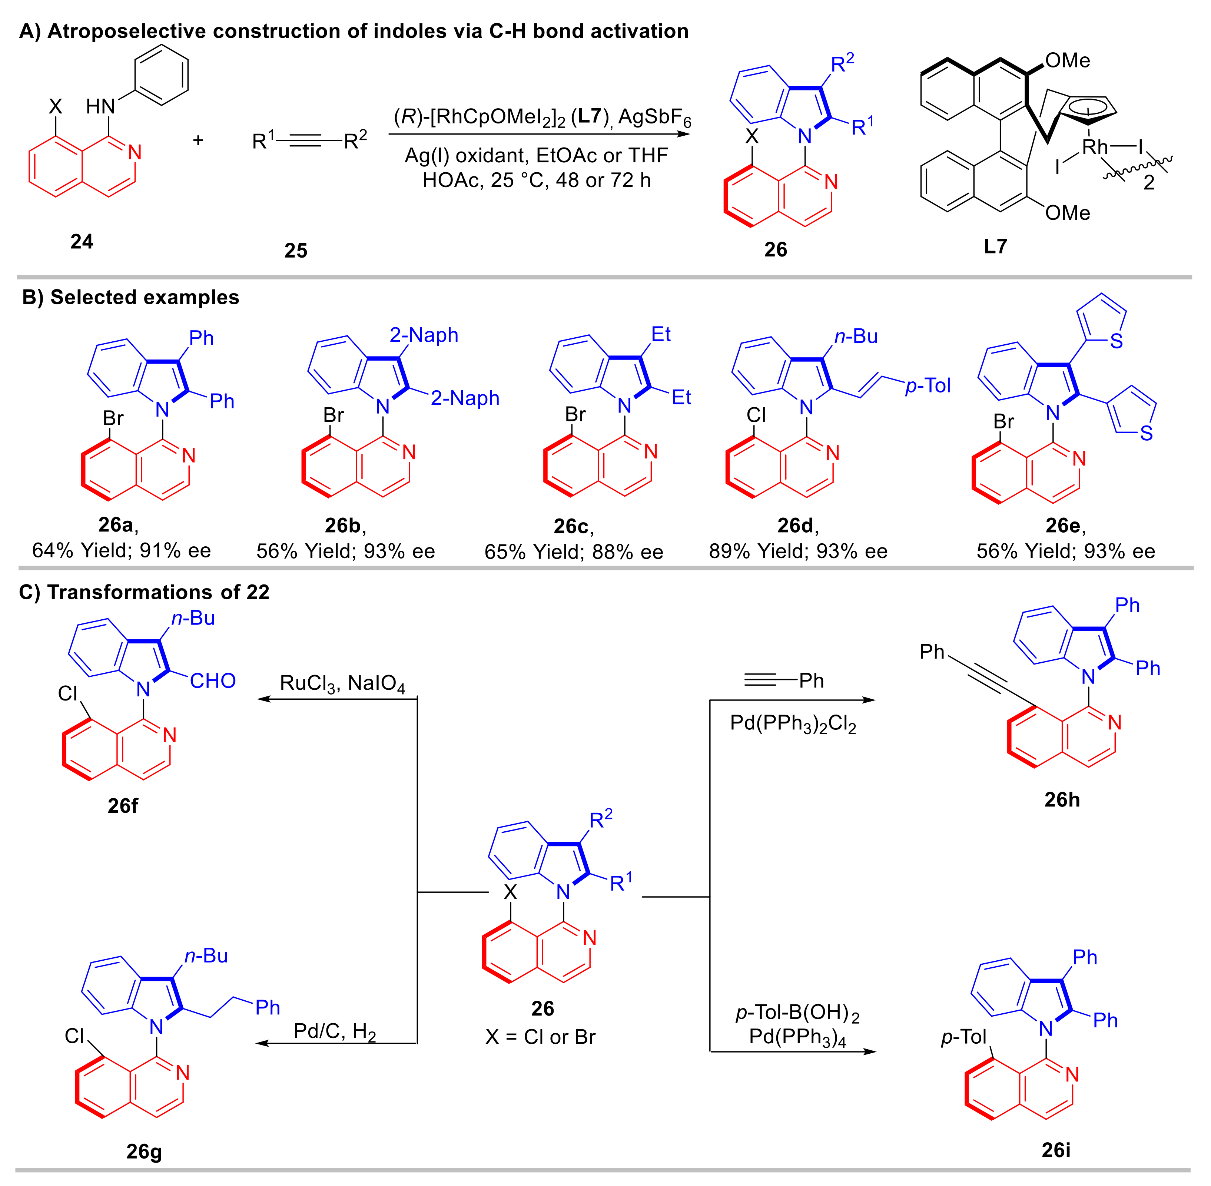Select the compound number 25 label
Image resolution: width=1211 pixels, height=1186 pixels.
point(296,251)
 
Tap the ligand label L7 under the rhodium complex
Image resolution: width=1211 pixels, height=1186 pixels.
point(995,247)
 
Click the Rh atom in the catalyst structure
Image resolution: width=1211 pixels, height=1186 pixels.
point(1095,147)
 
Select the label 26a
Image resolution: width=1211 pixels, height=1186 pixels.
point(116,525)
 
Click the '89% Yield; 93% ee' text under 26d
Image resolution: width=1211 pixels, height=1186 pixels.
point(798,551)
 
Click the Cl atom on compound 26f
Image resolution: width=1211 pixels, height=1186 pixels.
point(67,693)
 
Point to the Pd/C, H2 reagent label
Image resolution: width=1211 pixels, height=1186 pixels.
point(335,1031)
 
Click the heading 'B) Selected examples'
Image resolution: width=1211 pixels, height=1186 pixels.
point(130,297)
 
